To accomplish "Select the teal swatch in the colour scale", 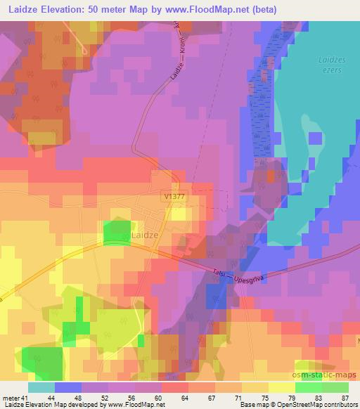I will (x=41, y=387).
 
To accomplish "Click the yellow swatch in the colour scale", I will (x=281, y=387).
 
